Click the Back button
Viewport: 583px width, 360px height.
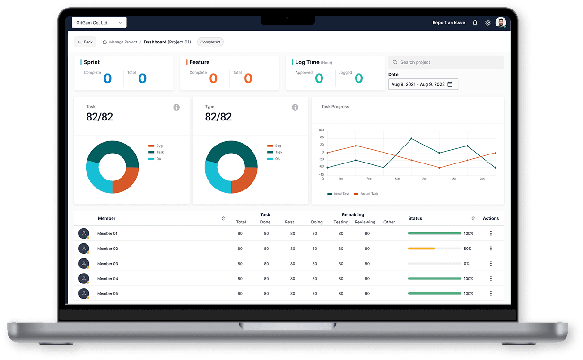(85, 42)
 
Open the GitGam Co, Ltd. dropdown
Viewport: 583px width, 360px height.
(99, 23)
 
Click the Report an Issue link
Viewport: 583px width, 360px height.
(448, 23)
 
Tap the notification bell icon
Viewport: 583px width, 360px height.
(475, 23)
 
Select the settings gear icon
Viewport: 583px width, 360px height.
(487, 23)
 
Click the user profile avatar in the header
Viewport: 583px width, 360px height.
(500, 23)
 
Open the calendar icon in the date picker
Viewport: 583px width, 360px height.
(450, 85)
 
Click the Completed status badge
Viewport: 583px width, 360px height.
(210, 42)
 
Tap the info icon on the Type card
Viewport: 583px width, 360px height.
(295, 107)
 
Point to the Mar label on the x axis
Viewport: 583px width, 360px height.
(397, 179)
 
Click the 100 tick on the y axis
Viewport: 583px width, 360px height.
(321, 130)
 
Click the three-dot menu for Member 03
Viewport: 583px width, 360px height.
(491, 264)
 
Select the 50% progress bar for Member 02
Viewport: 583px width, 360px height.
(435, 249)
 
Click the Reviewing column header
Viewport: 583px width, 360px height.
(365, 222)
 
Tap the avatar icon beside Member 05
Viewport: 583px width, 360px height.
(84, 293)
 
